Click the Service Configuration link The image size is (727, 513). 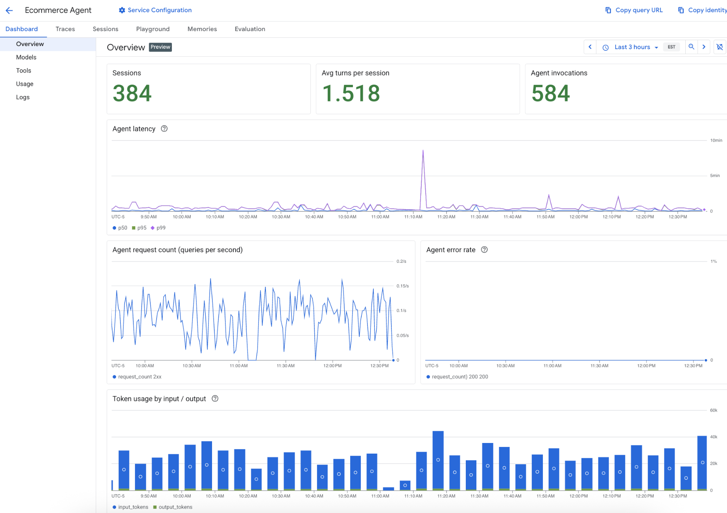155,10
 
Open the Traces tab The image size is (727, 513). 65,29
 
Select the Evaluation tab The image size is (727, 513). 250,29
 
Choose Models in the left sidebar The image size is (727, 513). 26,57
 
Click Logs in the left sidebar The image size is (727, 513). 23,97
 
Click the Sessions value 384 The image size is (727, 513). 132,94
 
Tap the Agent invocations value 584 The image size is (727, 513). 550,94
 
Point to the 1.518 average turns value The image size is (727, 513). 351,94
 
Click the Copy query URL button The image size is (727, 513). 634,10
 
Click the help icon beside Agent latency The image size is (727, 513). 164,129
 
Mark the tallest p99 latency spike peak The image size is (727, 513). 423,151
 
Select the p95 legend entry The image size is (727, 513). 139,228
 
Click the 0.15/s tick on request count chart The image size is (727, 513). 402,286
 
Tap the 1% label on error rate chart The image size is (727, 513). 713,262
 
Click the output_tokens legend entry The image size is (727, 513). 173,507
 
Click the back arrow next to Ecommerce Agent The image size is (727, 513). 9,11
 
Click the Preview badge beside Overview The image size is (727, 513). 161,47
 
